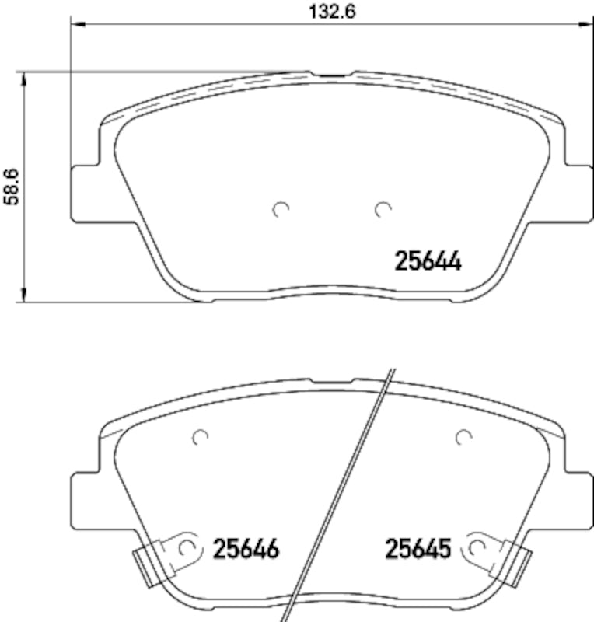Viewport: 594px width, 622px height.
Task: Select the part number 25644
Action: [x=429, y=262]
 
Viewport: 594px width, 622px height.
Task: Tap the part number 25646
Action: [x=246, y=550]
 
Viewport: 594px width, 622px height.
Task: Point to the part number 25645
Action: [x=418, y=550]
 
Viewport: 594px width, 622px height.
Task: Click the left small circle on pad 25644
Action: [x=281, y=208]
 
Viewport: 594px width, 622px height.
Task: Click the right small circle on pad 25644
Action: [x=381, y=208]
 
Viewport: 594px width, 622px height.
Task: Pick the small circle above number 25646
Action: [x=201, y=438]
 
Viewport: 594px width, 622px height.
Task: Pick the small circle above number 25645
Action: [x=464, y=438]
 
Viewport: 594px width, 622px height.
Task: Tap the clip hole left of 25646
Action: [x=186, y=548]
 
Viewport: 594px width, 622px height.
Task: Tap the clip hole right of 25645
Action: [x=477, y=548]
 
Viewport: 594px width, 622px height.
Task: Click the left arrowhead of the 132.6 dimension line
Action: [x=76, y=25]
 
